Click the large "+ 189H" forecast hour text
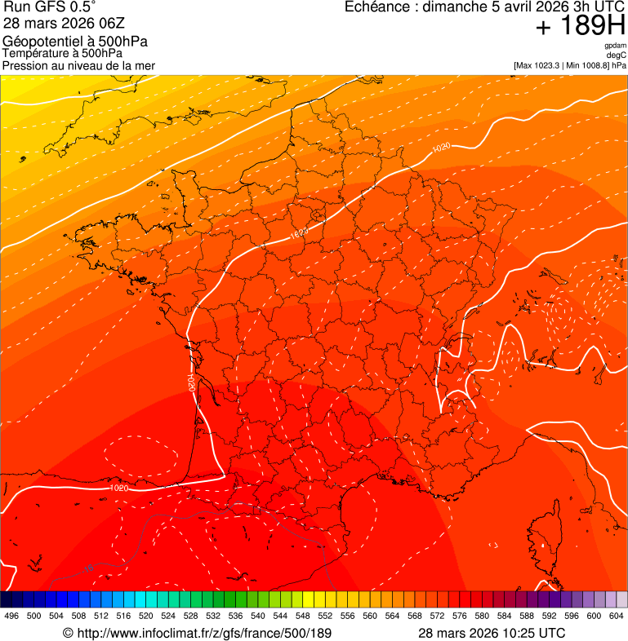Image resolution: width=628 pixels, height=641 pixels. point(581,27)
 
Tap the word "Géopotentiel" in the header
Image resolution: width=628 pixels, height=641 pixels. point(39,42)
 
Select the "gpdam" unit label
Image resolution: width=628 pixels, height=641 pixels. point(615,46)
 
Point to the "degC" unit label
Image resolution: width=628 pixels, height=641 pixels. point(617,55)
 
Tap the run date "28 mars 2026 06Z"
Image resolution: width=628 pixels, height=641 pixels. point(64,23)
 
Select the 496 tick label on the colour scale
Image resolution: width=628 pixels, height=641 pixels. point(11,617)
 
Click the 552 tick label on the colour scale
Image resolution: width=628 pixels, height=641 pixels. point(325,617)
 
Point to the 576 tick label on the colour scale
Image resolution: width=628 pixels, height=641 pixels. point(460,617)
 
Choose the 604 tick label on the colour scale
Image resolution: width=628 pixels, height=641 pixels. point(617,617)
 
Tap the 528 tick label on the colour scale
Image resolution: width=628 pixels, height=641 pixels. point(190,617)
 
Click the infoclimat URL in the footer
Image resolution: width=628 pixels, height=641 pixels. point(198,633)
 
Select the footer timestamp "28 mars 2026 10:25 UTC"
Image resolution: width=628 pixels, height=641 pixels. point(492,633)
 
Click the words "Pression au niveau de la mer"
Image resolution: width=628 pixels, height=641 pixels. point(79,65)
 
